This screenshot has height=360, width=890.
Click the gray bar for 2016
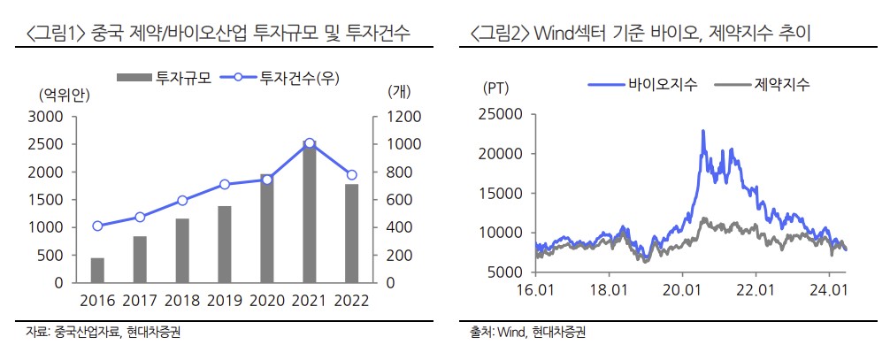click(x=97, y=270)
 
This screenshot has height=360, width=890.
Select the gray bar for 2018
click(x=182, y=250)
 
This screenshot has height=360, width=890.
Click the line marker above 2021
click(x=309, y=143)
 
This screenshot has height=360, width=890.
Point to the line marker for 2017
click(x=140, y=217)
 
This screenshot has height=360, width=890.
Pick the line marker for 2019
click(x=225, y=184)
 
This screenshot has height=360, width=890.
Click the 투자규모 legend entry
click(x=161, y=78)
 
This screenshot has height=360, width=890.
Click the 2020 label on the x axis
click(x=266, y=301)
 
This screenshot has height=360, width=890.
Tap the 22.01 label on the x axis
click(x=755, y=289)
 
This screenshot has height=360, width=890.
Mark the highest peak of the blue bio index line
click(x=702, y=131)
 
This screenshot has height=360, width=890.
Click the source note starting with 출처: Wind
click(x=528, y=333)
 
